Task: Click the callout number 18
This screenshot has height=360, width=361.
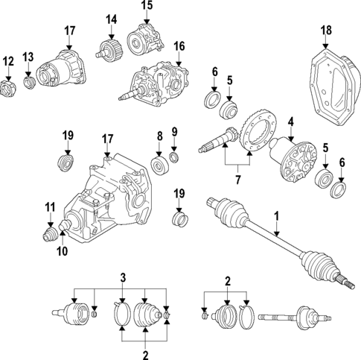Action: click(x=325, y=30)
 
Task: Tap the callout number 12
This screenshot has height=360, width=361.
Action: click(x=8, y=61)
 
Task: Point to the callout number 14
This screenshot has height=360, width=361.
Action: click(x=111, y=19)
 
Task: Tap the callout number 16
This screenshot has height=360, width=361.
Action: click(x=179, y=46)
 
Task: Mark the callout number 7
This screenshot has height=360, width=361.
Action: click(x=239, y=180)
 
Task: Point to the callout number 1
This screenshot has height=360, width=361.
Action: click(x=277, y=217)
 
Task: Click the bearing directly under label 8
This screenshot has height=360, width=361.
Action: click(x=159, y=164)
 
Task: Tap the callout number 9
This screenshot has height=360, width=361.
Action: click(x=175, y=133)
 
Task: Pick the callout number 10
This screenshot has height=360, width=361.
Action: click(x=63, y=251)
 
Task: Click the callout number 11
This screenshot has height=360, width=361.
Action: click(x=49, y=206)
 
